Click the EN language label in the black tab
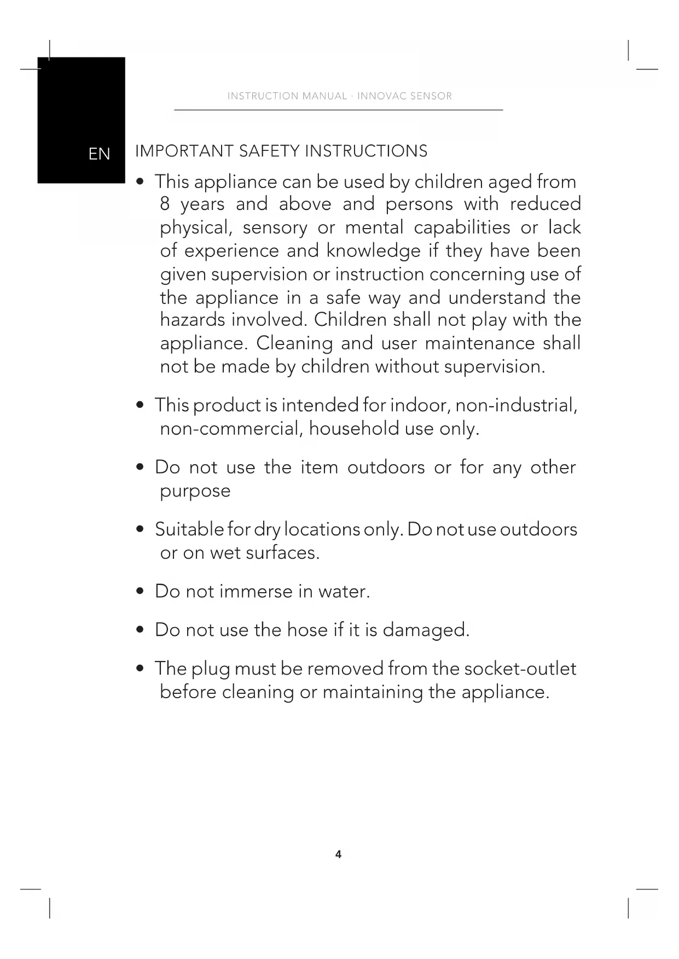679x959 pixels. [99, 154]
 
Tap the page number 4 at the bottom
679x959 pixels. [338, 854]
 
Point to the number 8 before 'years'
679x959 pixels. [165, 204]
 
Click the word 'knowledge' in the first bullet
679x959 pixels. [373, 251]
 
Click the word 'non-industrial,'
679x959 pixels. [516, 405]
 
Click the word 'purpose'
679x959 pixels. [195, 491]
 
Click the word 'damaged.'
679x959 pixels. [426, 630]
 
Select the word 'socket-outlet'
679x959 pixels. [520, 669]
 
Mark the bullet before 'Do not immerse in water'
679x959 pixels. [141, 592]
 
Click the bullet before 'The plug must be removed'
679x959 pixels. [141, 669]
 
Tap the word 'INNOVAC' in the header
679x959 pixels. [381, 96]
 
